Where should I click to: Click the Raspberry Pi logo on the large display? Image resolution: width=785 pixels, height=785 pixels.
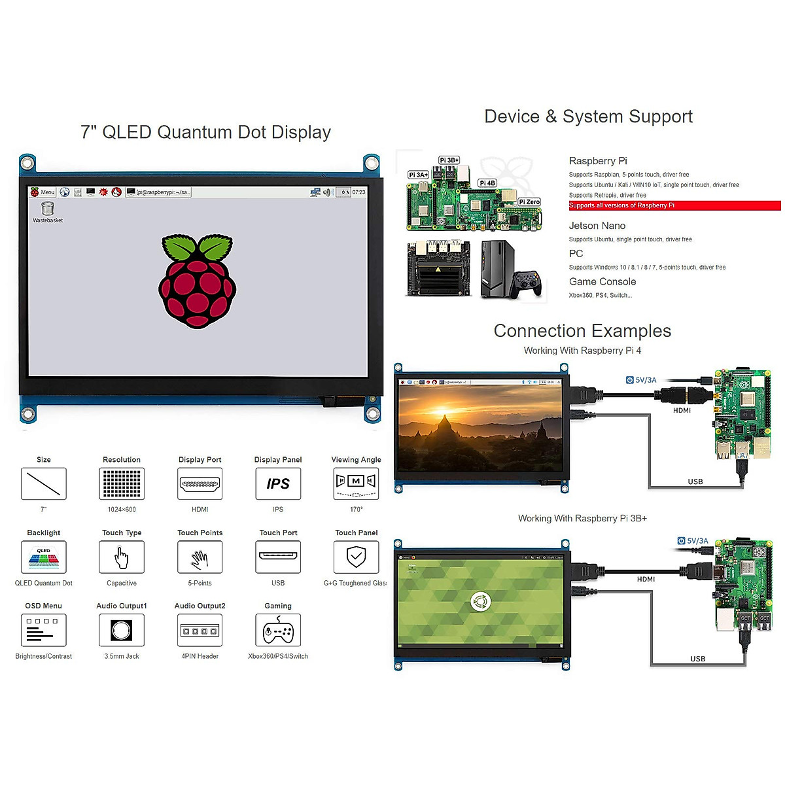[197, 281]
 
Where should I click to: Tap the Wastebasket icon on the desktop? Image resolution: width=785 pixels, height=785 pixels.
[48, 209]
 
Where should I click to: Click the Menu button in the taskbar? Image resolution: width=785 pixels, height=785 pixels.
[43, 192]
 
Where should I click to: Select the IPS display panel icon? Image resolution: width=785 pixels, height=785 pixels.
[278, 484]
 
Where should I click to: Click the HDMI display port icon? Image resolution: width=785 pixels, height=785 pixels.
[200, 484]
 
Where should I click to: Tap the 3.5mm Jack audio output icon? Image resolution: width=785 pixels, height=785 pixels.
[122, 631]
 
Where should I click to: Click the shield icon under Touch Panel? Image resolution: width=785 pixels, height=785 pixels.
[356, 557]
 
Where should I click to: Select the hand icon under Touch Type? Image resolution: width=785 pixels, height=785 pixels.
[122, 557]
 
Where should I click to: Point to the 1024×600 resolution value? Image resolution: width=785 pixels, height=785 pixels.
[122, 510]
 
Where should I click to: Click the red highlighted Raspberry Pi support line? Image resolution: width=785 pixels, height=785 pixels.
[674, 205]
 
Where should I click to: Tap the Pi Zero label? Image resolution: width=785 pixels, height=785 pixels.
[529, 202]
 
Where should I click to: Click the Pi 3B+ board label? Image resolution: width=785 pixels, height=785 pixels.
[449, 160]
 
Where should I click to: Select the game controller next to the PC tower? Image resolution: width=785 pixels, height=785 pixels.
[528, 283]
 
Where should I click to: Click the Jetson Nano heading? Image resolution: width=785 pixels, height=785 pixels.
[597, 226]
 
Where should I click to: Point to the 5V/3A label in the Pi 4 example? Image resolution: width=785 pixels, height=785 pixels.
[645, 380]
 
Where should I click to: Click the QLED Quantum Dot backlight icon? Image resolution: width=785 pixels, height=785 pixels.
[44, 557]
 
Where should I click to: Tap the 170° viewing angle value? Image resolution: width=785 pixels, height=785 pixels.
[356, 510]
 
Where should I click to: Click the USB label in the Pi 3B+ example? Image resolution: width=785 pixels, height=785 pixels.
[698, 659]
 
